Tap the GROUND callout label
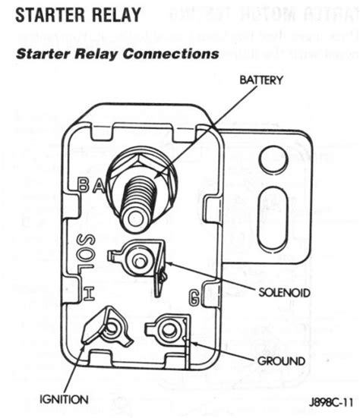[280, 360]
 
